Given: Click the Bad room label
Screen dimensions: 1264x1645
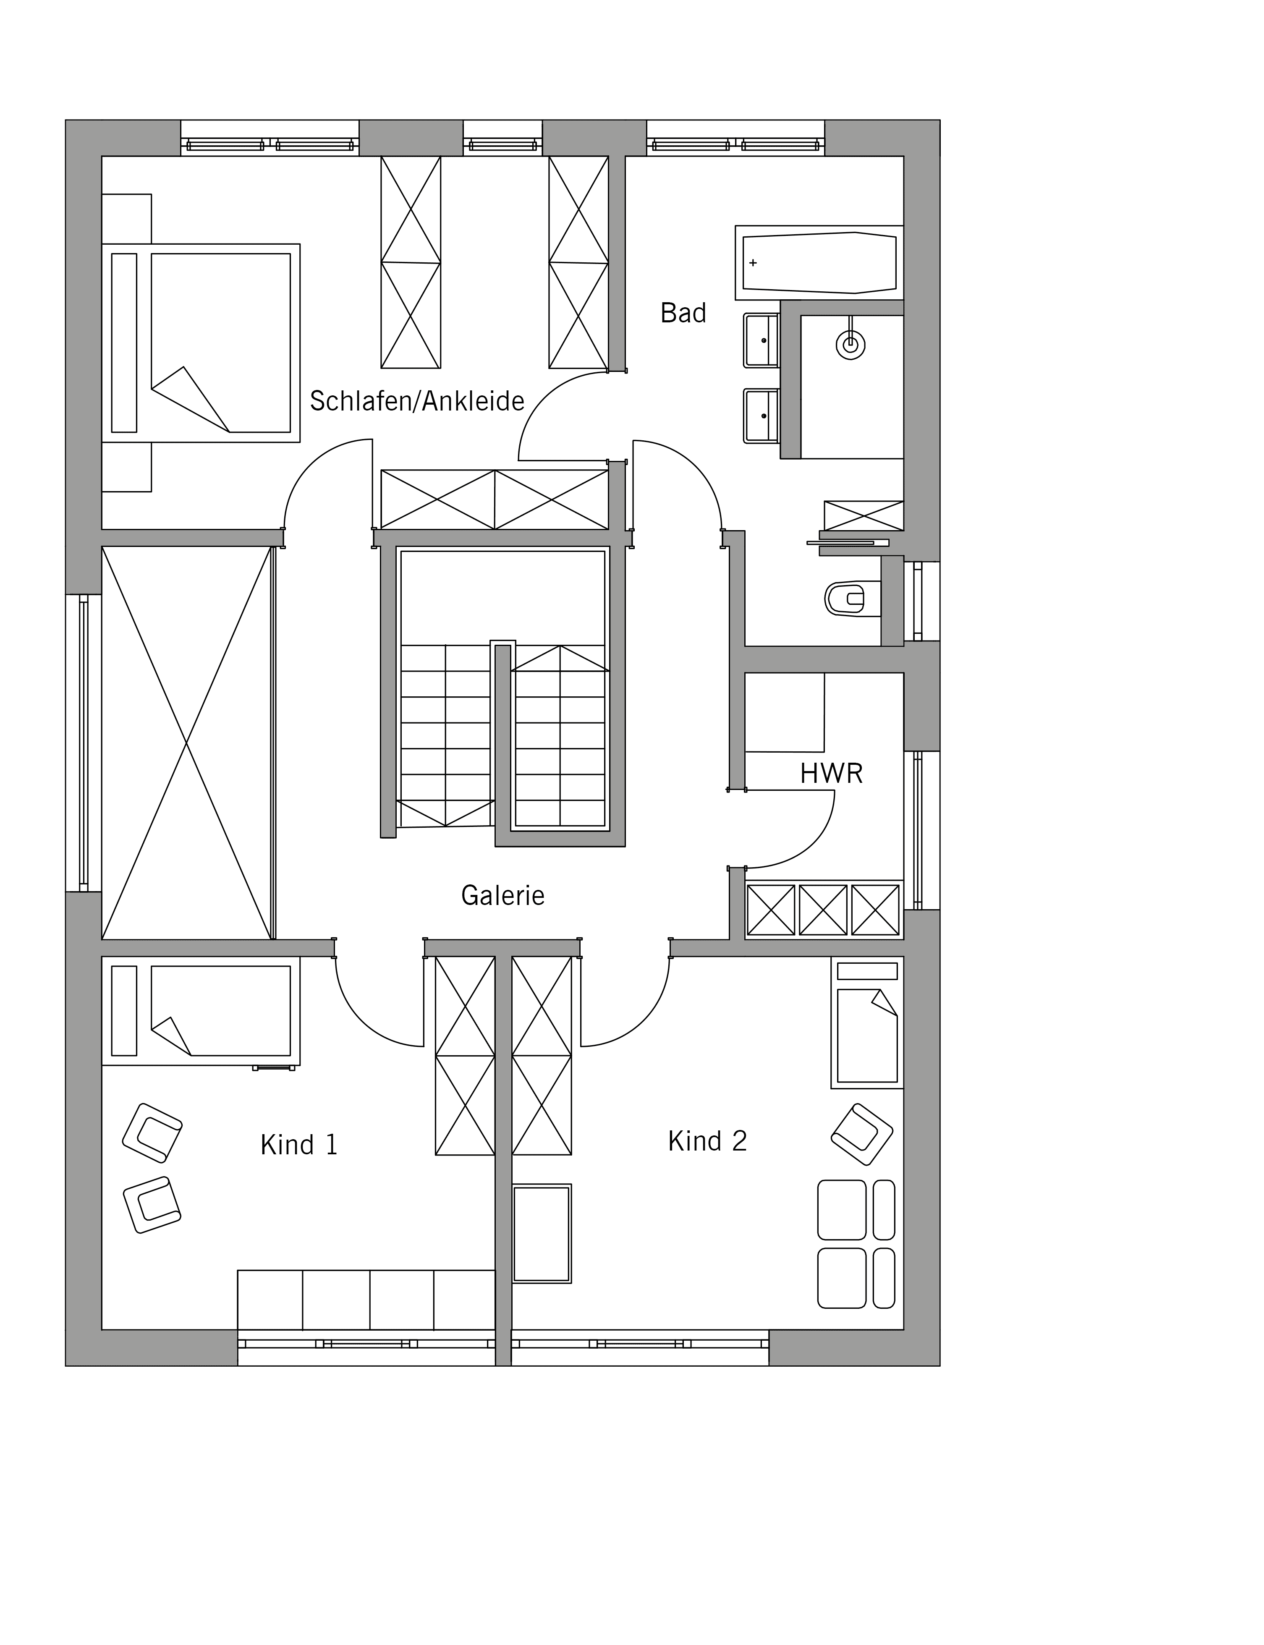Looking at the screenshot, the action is pyautogui.click(x=683, y=313).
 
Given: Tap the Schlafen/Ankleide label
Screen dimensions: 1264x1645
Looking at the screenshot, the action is pyautogui.click(x=417, y=401).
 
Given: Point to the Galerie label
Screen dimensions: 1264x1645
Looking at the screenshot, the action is pyautogui.click(x=502, y=895).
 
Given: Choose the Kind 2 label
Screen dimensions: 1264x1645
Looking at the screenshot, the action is pyautogui.click(x=707, y=1141).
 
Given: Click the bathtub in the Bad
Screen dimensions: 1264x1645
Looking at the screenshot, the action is pyautogui.click(x=819, y=262).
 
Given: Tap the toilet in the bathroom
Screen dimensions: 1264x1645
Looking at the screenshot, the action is pyautogui.click(x=853, y=599).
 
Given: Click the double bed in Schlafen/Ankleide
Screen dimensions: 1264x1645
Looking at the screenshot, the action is pyautogui.click(x=201, y=343).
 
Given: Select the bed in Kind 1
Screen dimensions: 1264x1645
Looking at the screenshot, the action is pyautogui.click(x=201, y=1010).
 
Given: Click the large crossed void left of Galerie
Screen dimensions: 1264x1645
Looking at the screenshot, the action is pyautogui.click(x=186, y=743).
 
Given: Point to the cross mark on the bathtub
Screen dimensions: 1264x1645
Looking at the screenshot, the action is pyautogui.click(x=753, y=262).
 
